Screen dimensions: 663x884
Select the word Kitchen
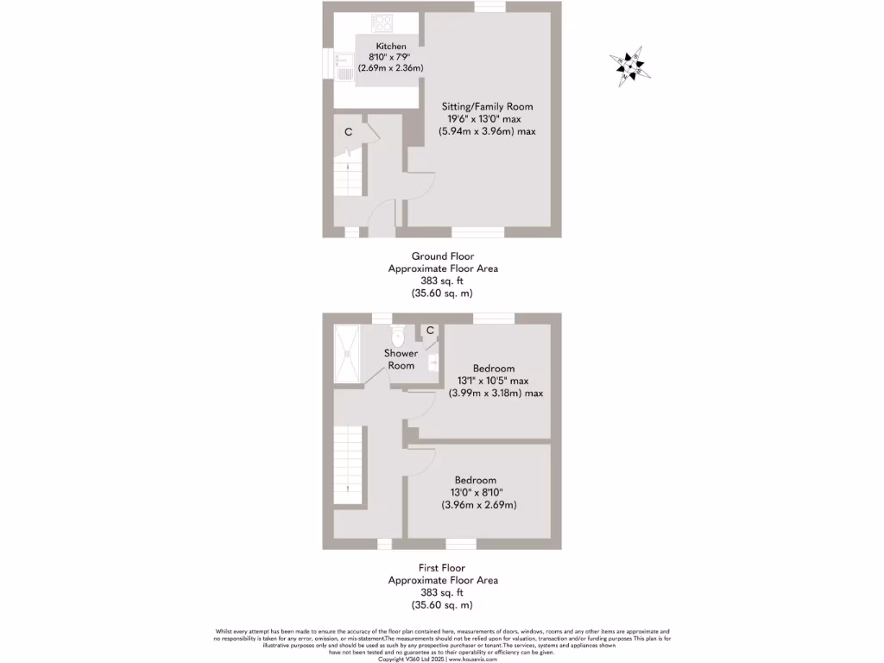391,46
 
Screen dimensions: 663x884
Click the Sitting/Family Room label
482,106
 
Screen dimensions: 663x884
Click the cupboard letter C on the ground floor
349,132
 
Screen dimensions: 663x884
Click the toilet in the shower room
398,333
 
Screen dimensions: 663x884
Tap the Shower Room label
401,359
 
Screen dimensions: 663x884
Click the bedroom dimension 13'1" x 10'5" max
495,381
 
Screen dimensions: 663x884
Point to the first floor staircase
348,466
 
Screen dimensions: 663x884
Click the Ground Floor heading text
441,256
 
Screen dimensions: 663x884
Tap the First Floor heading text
441,568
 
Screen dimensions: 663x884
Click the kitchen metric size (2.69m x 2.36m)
391,66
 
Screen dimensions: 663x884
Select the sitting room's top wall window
489,7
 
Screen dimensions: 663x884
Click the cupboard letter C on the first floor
429,330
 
